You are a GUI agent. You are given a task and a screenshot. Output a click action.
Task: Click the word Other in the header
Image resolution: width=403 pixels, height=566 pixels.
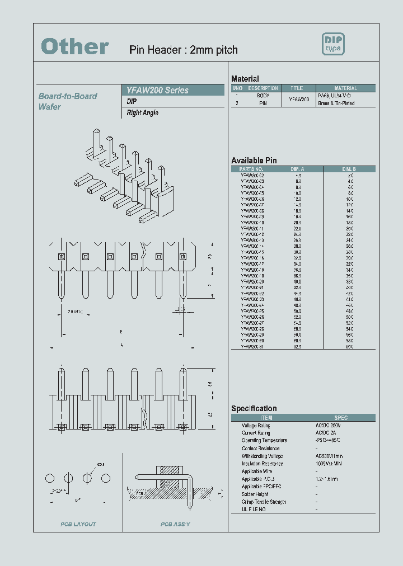coord(75,48)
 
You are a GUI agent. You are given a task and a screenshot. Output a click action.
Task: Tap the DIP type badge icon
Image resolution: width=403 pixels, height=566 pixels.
coord(333,44)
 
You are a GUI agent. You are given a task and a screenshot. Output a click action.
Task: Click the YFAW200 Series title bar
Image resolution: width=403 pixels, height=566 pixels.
coord(157,90)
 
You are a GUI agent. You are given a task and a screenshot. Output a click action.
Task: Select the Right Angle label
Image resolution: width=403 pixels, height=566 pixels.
coord(143,113)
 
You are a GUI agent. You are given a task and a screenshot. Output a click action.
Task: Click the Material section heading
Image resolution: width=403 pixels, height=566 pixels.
coord(245,79)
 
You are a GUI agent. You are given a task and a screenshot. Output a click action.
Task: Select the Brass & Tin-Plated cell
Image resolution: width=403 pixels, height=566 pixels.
coord(336,103)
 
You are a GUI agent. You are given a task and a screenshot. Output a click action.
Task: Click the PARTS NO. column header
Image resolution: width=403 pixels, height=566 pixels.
coord(251,169)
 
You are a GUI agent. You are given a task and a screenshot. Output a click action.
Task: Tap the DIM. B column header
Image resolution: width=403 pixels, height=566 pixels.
coord(349,169)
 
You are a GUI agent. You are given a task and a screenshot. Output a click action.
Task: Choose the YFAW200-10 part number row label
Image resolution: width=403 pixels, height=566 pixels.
coord(252,223)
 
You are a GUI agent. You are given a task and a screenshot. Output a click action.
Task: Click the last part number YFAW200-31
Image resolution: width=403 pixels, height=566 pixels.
coord(252,347)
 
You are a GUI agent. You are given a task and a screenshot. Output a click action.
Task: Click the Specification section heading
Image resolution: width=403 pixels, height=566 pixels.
coord(254,408)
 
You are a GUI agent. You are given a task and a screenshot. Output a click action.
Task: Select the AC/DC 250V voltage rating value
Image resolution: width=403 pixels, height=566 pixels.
coord(328,425)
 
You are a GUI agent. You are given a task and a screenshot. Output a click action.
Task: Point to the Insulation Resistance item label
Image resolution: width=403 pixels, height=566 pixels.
coord(263,464)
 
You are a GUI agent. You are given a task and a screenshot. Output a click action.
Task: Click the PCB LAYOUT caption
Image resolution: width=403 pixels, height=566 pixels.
coord(78,524)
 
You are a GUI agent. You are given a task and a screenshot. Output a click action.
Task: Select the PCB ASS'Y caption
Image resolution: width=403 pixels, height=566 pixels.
coord(175,524)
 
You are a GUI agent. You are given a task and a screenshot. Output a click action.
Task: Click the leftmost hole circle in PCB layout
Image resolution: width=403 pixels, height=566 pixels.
coord(50,478)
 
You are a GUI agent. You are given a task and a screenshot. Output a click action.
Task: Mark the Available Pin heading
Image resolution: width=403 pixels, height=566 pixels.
coord(254,160)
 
